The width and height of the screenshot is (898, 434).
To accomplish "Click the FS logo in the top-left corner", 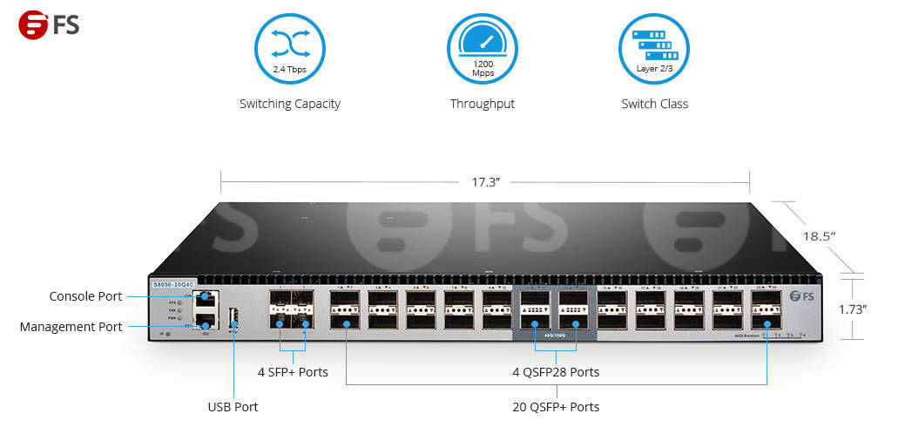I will pos(49,24).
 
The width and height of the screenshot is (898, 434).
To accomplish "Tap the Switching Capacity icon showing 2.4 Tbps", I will pos(289,49).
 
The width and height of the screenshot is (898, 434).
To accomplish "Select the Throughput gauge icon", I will pos(482,49).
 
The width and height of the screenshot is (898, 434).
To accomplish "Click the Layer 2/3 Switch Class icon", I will pos(653,49).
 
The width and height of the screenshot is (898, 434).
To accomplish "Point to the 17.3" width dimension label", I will pos(485,182).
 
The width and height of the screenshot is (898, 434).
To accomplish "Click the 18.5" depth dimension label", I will pos(820,236).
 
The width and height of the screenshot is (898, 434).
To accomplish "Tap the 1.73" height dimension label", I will pos(852,309).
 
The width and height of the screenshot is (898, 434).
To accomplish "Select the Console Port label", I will pos(85,296).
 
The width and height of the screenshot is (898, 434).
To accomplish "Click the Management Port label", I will pos(71,327).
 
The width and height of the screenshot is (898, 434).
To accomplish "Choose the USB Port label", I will pos(233,407).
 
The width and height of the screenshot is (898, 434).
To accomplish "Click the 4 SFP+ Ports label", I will pos(293,372).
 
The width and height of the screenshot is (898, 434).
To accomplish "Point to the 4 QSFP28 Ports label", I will pos(556,372).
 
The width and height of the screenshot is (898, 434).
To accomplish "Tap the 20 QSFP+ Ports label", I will pos(556,407).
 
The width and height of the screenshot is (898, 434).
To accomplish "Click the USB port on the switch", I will pos(233,316).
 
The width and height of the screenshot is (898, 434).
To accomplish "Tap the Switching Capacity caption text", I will pos(290,104).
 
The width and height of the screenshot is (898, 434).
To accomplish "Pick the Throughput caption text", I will pos(482,104).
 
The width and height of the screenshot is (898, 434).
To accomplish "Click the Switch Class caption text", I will pos(654,104).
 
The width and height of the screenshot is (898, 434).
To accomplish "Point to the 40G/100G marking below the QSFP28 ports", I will pos(556,334).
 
